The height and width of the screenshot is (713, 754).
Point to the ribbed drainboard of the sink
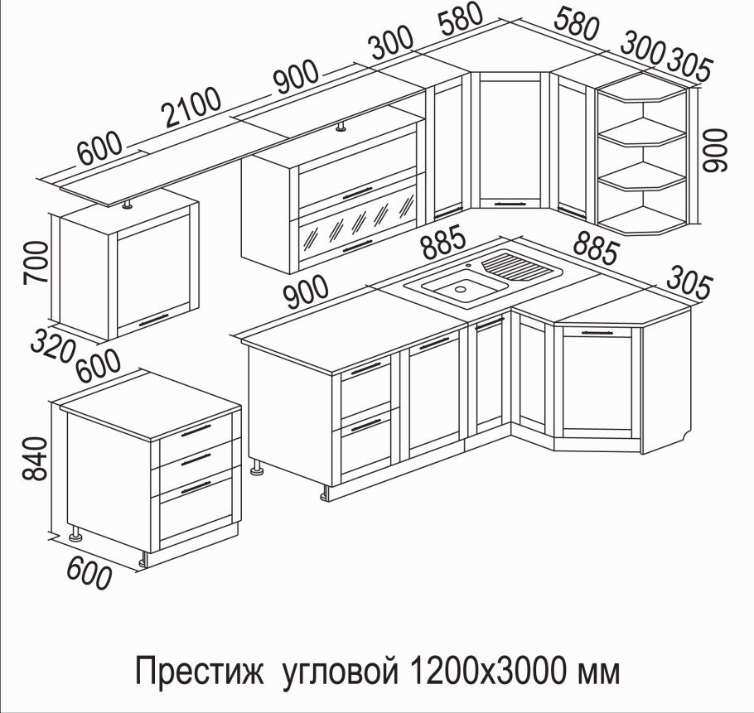(x=517, y=267)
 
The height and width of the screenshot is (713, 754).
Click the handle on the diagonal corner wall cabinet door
(x=509, y=200)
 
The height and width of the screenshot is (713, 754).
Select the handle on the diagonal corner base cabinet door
(x=601, y=331)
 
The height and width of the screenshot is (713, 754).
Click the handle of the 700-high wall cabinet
(x=155, y=320)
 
